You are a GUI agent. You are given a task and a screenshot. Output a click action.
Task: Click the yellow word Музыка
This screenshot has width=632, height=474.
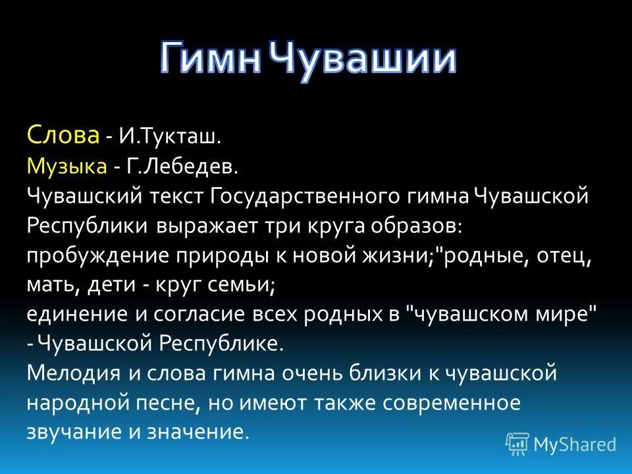(67, 165)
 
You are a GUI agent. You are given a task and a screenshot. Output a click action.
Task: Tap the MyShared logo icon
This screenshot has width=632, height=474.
(517, 444)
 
